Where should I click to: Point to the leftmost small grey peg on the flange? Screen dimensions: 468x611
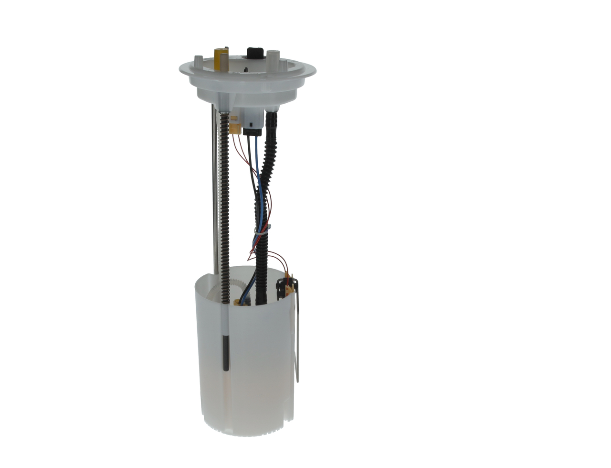pyautogui.click(x=198, y=62)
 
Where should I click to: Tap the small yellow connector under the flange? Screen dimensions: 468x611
pyautogui.click(x=234, y=128)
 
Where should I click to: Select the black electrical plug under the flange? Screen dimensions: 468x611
pyautogui.click(x=252, y=131)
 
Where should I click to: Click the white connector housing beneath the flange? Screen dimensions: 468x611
pyautogui.click(x=252, y=116)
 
